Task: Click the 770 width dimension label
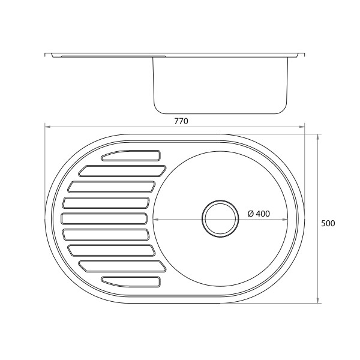pyautogui.click(x=181, y=121)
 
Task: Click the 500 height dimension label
pyautogui.click(x=328, y=223)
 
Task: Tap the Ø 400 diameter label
pyautogui.click(x=259, y=214)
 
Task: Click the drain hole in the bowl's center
pyautogui.click(x=220, y=218)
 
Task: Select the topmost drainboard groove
pyautogui.click(x=131, y=155)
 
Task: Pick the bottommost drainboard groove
pyautogui.click(x=131, y=282)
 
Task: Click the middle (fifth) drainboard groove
pyautogui.click(x=104, y=218)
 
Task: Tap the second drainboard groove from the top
pyautogui.click(x=122, y=171)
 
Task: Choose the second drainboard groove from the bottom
pyautogui.click(x=122, y=266)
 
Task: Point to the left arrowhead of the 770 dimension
pyautogui.click(x=47, y=126)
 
